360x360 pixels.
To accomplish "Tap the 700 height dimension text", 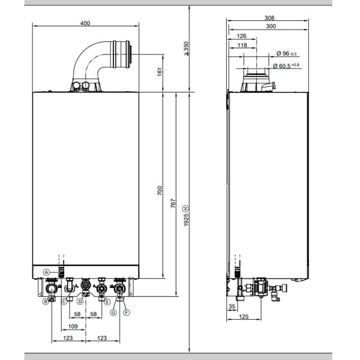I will [160, 191].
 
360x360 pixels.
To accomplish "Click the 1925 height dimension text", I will [186, 215].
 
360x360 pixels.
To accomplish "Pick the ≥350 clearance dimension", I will [187, 49].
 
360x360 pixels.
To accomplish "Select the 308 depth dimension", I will [269, 18].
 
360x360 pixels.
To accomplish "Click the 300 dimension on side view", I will [269, 27].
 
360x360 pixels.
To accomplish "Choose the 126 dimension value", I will [242, 35].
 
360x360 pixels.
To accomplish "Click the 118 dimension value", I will [242, 45].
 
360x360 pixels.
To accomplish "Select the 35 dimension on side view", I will [232, 307].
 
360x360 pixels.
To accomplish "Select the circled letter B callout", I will [45, 301].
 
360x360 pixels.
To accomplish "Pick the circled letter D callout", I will [80, 301].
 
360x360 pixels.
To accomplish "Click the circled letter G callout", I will [113, 304].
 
